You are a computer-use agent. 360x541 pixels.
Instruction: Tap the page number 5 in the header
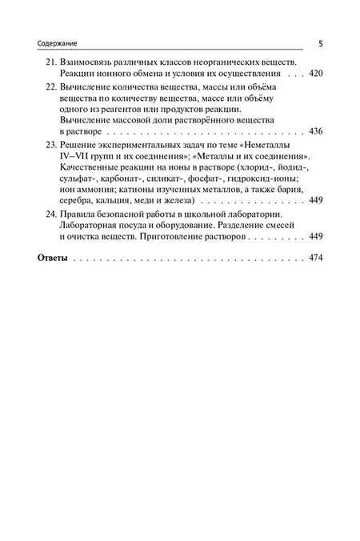point(320,43)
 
